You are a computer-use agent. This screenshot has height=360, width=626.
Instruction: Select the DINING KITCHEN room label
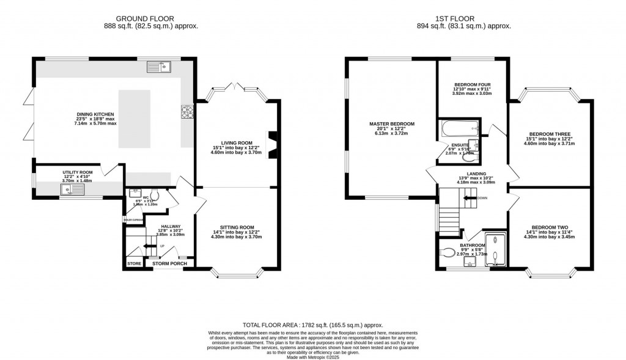[x=95, y=114]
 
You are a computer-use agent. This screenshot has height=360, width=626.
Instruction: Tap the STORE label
[x=134, y=263]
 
